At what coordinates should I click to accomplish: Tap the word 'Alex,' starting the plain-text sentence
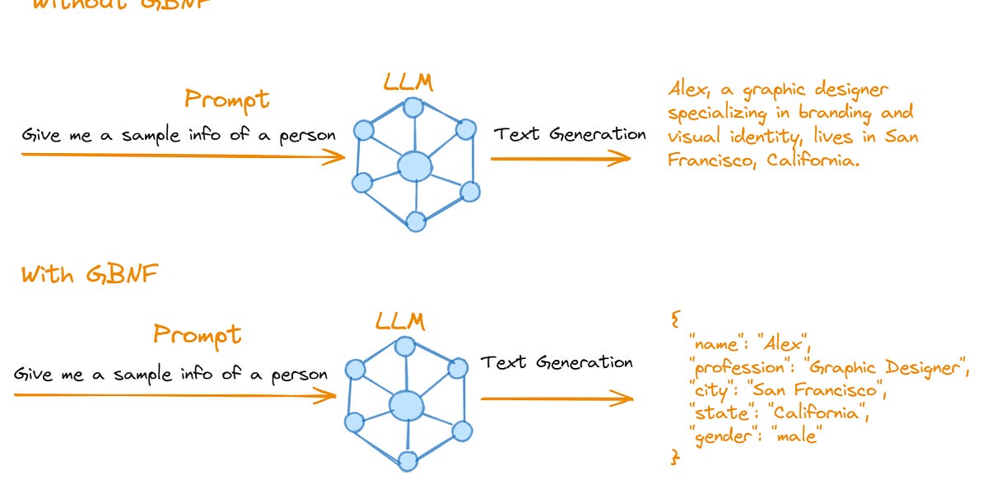[x=689, y=89]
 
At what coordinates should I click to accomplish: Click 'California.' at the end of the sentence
[x=813, y=161]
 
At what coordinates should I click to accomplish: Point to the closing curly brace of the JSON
[x=676, y=456]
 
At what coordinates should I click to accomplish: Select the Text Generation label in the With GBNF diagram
[x=557, y=362]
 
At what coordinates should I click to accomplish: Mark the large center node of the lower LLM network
[x=405, y=405]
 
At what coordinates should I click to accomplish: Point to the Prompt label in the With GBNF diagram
[x=198, y=335]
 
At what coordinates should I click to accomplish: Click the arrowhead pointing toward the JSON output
[x=626, y=399]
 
